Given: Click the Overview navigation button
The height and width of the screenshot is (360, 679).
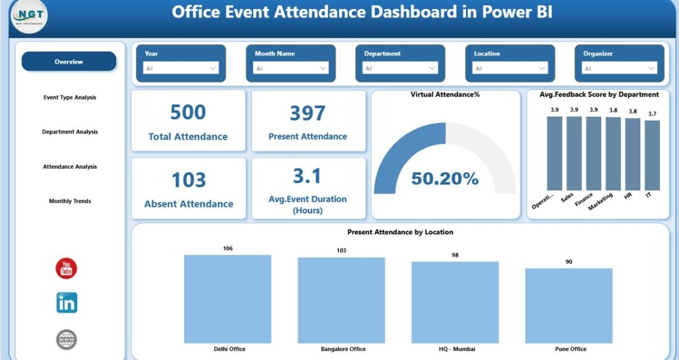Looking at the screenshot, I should click(x=68, y=62).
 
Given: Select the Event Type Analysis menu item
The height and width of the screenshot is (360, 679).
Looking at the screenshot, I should click(x=70, y=98).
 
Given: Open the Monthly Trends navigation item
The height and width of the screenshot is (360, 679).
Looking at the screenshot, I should click(x=70, y=201).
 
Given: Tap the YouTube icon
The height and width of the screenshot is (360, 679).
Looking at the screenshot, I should click(x=66, y=269).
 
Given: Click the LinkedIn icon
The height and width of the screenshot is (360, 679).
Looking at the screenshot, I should click(x=67, y=303).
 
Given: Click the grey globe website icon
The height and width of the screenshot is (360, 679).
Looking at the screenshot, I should click(x=66, y=339).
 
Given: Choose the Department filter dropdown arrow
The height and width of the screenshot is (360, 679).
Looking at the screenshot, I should click(x=432, y=68).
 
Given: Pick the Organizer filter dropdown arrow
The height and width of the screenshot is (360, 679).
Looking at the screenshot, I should click(x=652, y=68).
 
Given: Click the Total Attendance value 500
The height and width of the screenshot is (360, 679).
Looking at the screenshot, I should click(x=188, y=113).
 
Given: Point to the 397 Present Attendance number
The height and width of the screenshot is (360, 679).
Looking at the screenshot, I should click(x=308, y=113).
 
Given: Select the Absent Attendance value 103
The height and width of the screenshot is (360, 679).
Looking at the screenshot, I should click(x=189, y=181).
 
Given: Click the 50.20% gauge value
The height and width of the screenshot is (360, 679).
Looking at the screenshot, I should click(x=445, y=179).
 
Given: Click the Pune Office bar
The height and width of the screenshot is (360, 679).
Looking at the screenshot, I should click(x=568, y=306).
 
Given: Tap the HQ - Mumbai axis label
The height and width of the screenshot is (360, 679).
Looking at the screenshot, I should click(x=455, y=349).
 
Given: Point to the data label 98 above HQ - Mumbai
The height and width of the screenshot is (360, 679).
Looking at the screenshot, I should click(x=455, y=255).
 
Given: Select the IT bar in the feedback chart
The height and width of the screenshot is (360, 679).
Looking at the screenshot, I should click(x=652, y=155).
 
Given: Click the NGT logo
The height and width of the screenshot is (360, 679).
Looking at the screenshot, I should click(x=29, y=16).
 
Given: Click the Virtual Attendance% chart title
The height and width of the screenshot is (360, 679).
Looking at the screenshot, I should click(x=445, y=95).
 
